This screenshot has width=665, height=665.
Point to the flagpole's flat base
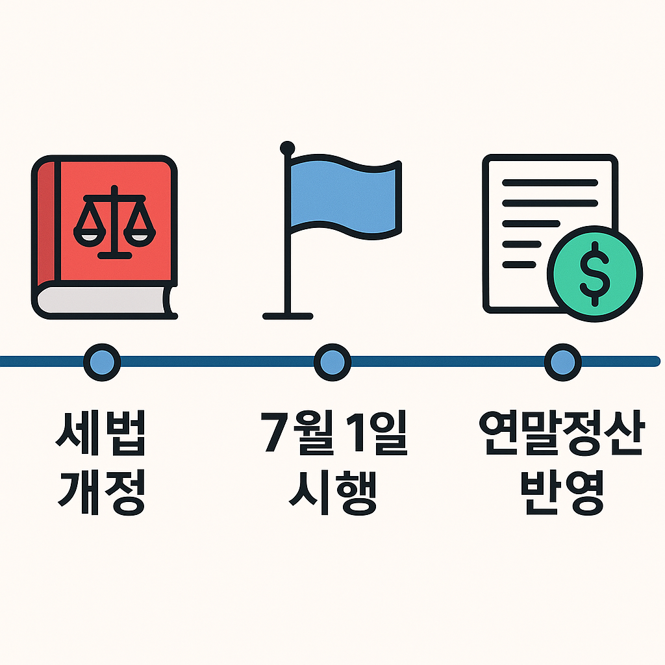(288, 316)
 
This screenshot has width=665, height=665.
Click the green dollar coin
(594, 273)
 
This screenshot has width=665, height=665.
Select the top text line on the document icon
(549, 183)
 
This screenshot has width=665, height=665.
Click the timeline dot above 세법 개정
(102, 360)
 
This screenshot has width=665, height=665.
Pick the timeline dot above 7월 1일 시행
(332, 360)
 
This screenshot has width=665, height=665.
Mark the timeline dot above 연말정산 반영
(562, 360)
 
